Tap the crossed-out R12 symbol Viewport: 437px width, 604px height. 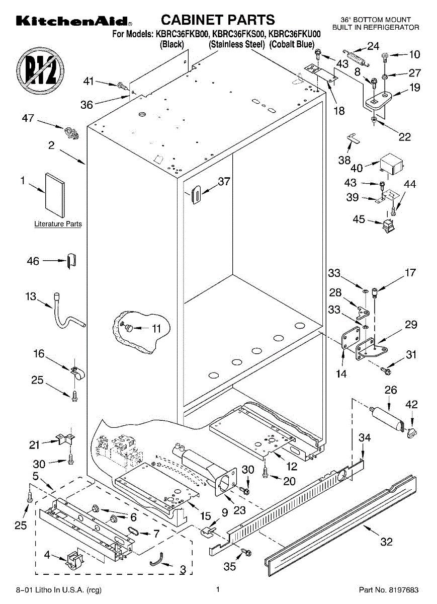click(40, 71)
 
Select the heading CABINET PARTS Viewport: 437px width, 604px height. click(218, 20)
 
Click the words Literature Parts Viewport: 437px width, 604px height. click(58, 224)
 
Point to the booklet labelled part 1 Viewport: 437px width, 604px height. click(55, 195)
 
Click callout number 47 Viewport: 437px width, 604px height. click(28, 118)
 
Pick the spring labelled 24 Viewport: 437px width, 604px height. click(356, 58)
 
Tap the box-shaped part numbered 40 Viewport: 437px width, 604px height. click(391, 163)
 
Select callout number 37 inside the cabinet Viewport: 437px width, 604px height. click(224, 182)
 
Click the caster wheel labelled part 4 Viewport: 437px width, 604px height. click(74, 561)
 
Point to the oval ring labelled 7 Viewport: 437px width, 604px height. click(133, 531)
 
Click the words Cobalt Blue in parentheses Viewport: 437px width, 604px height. click(292, 44)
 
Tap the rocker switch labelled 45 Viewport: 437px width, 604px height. click(388, 226)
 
